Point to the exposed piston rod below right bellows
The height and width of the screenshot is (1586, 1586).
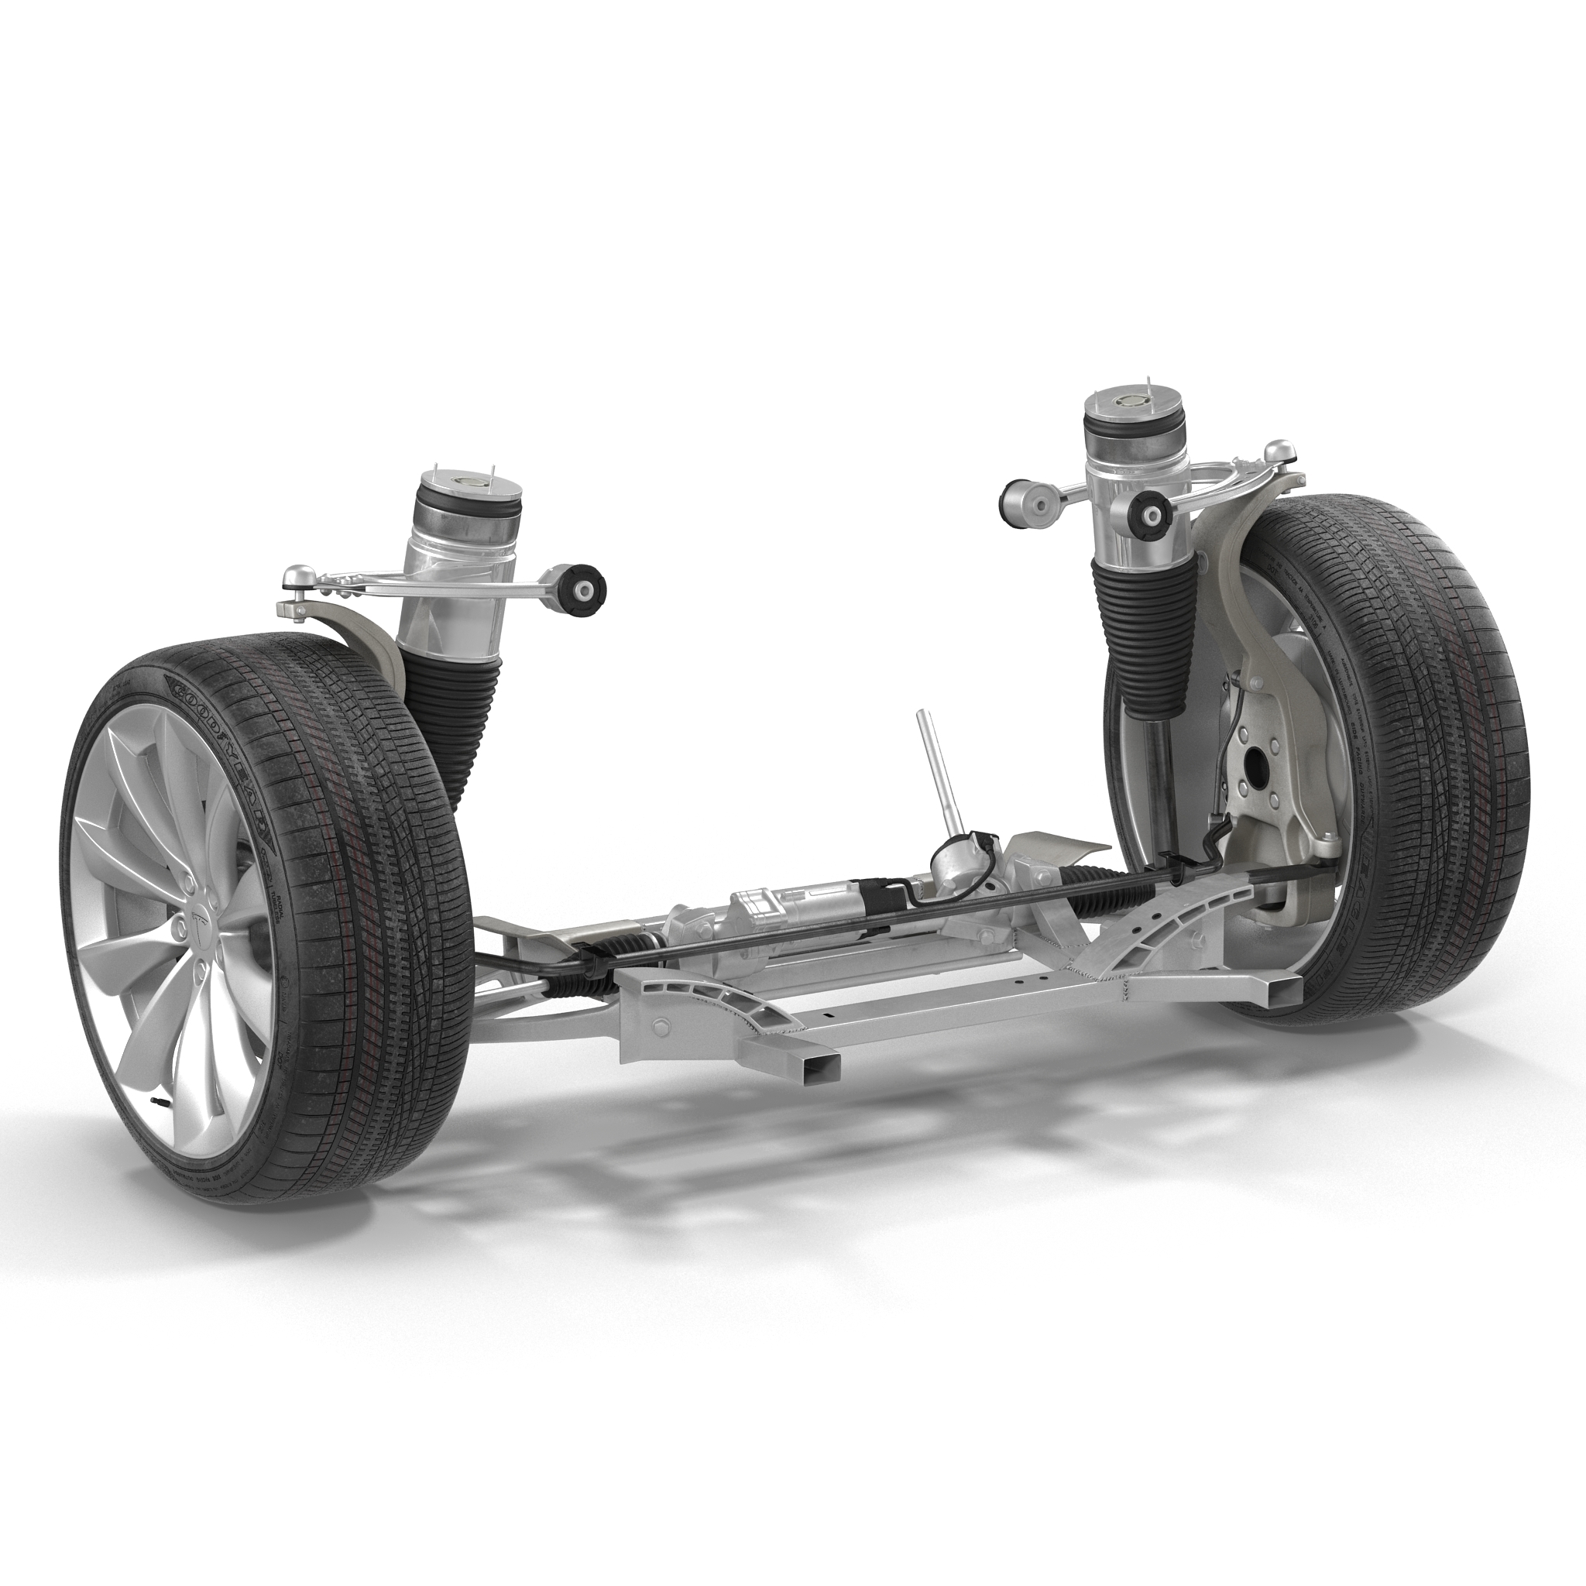tap(1156, 751)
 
